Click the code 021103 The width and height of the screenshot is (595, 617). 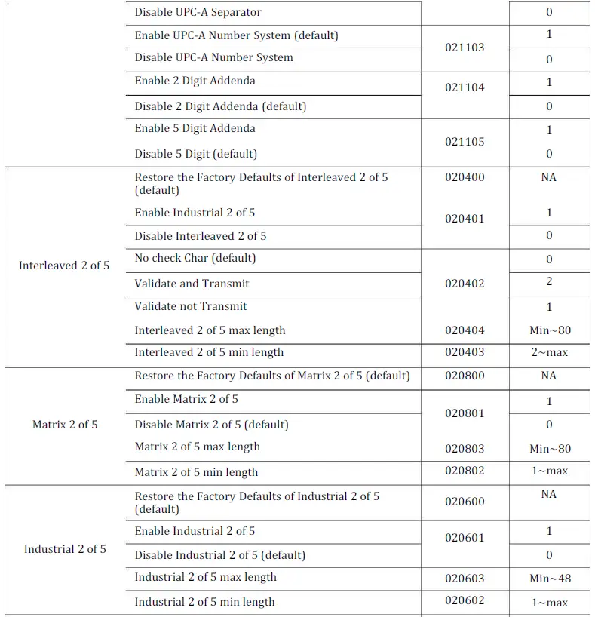pos(465,48)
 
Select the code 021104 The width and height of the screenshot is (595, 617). pos(465,87)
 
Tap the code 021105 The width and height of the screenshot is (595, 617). pos(465,142)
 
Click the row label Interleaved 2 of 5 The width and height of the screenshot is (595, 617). pos(64,266)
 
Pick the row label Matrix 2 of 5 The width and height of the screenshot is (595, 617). pos(65,425)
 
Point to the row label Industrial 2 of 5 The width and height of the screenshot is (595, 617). pos(65,549)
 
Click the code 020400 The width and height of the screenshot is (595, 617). pos(465,177)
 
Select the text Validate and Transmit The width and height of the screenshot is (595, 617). pos(192,284)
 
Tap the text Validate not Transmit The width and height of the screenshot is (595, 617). pos(191,306)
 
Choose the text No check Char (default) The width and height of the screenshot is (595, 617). pos(195,258)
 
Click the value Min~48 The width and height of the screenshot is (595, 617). pos(550,579)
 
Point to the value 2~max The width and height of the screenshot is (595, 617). pos(549,352)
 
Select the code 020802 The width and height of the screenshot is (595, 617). pos(465,471)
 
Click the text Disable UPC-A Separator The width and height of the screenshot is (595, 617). pos(198,12)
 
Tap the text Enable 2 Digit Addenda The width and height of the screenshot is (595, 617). pos(195,81)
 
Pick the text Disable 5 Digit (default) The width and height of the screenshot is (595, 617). pos(196,154)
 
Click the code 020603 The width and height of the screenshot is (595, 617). pos(465,579)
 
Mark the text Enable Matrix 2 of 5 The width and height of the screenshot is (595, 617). pos(186,399)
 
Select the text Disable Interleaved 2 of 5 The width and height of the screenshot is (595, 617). pos(201,236)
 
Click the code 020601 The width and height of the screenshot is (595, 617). pos(465,538)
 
